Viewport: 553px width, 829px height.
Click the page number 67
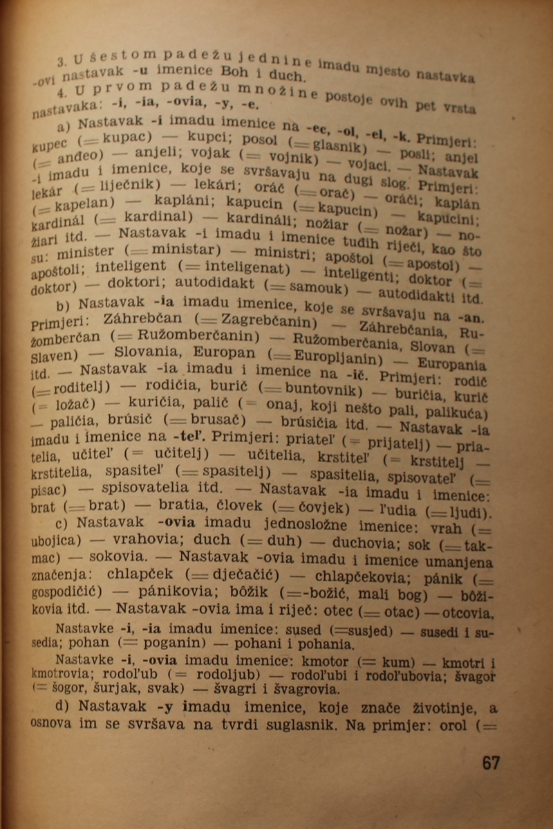point(491,763)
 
